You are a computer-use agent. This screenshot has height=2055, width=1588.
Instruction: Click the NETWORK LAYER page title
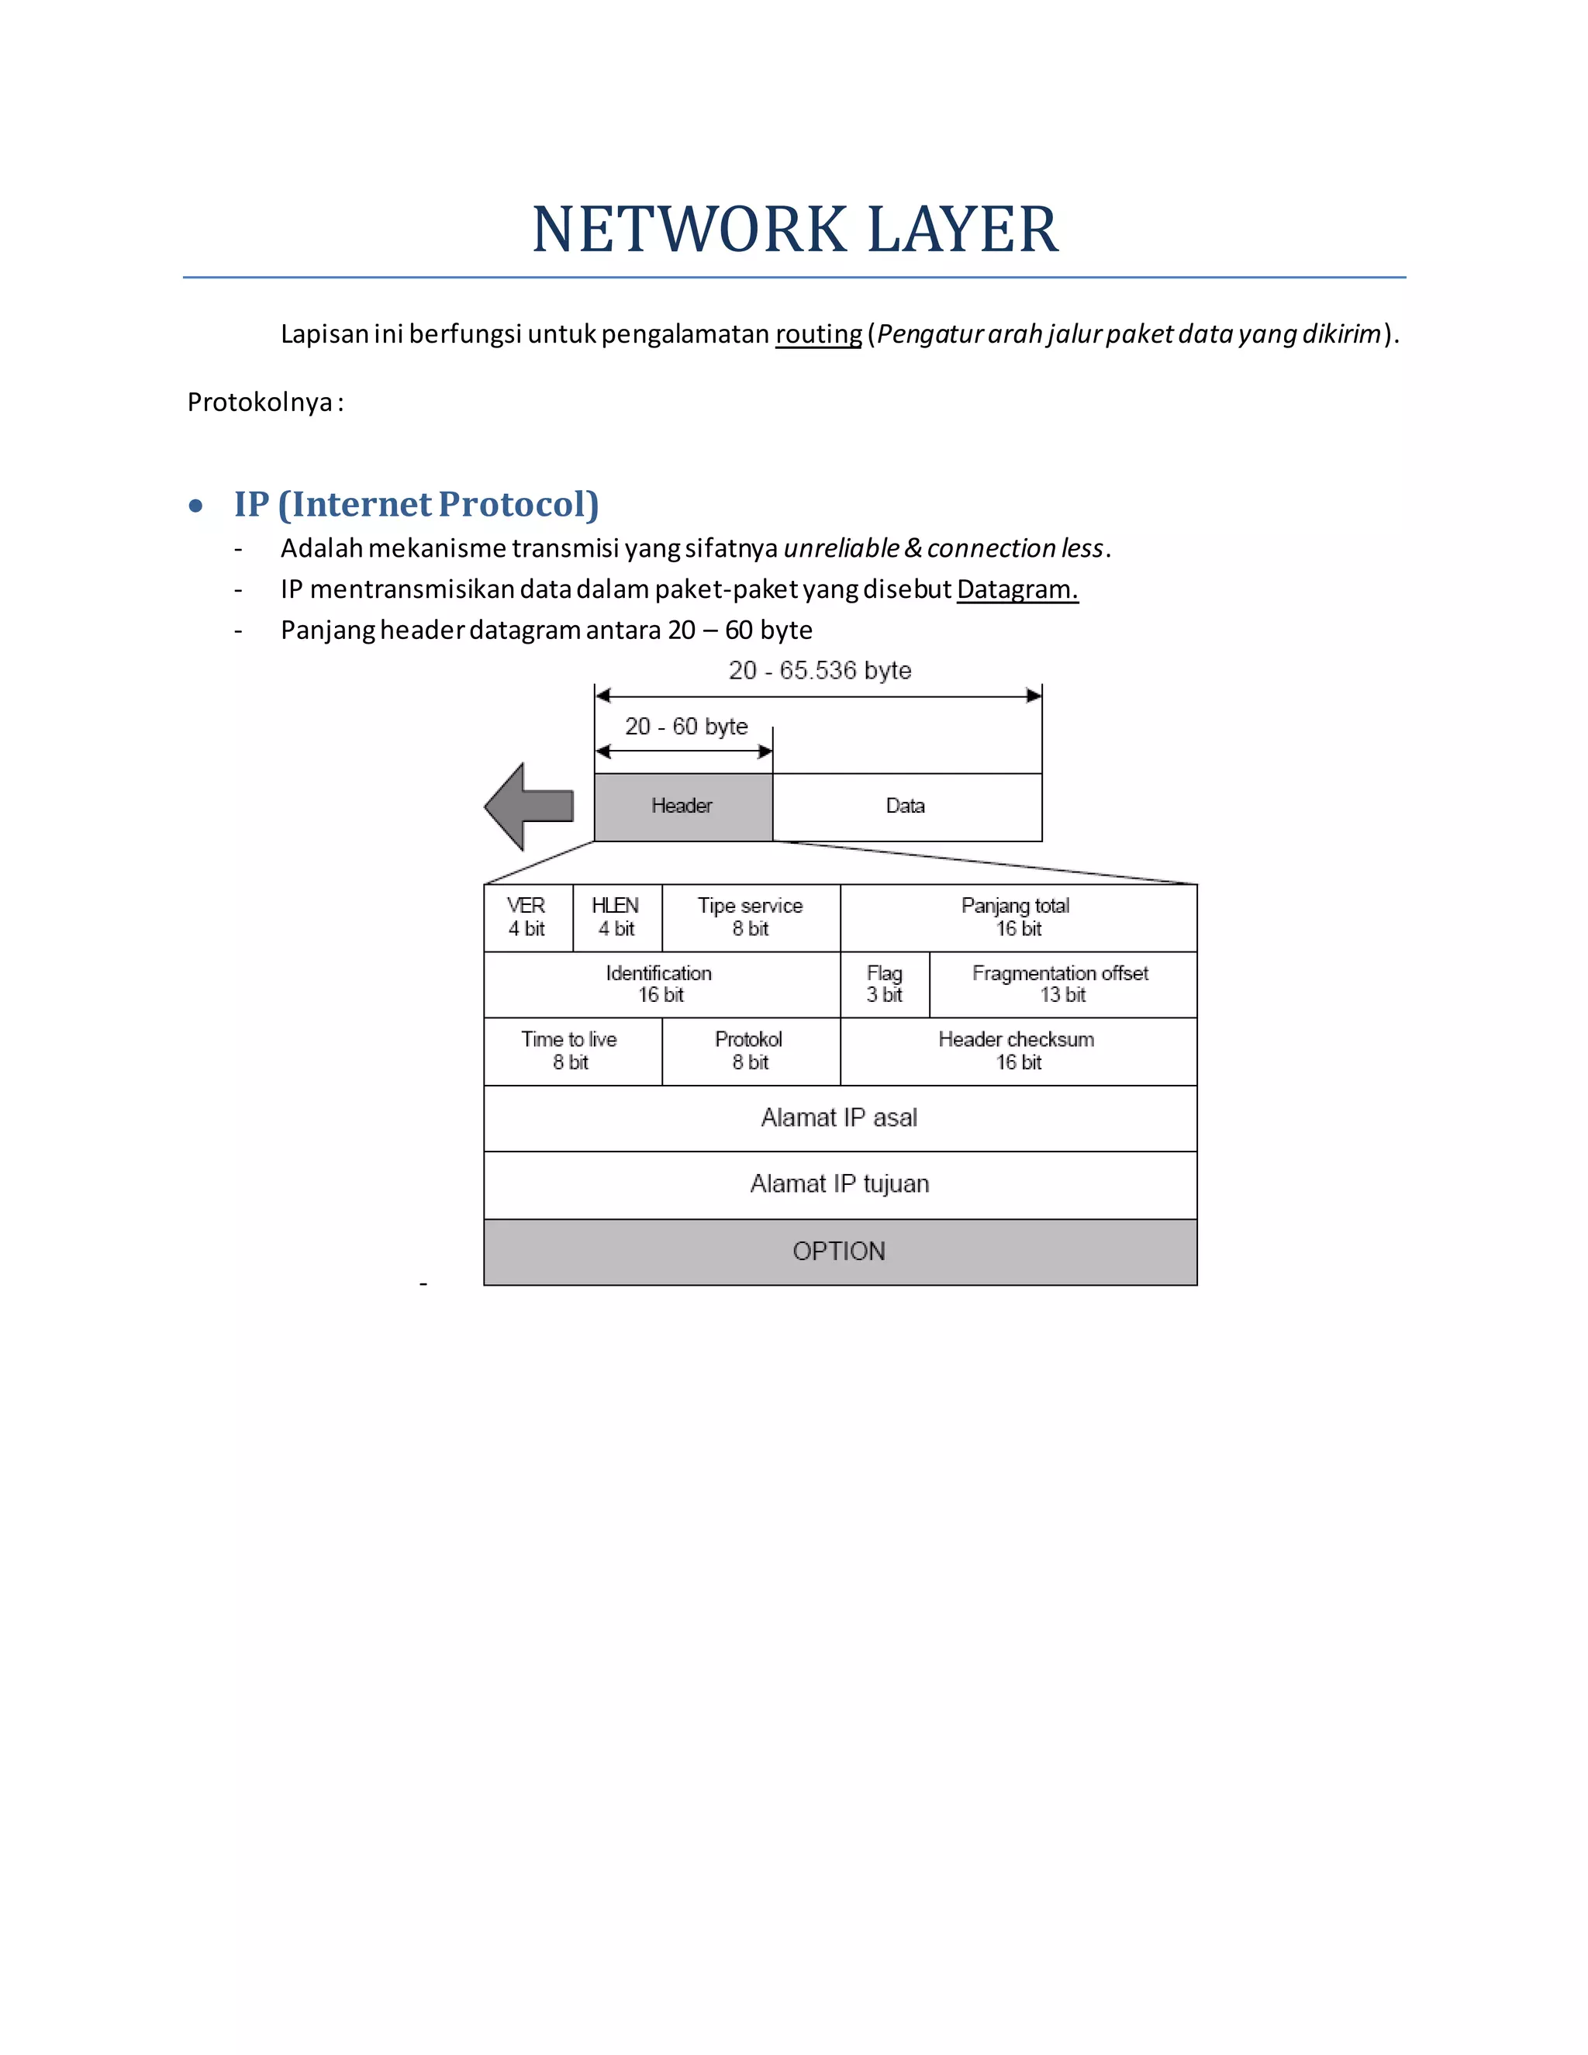click(x=795, y=230)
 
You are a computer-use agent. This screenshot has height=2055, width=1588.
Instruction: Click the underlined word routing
click(x=817, y=334)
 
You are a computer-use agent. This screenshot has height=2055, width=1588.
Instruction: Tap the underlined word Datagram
click(x=1017, y=589)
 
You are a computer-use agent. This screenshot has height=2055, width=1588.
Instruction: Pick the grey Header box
click(x=683, y=806)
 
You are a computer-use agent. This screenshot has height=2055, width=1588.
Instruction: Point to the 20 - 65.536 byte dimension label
click(x=820, y=670)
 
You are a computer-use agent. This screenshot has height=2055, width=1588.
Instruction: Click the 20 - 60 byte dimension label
click(x=685, y=727)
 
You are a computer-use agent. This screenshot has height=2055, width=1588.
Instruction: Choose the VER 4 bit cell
click(x=528, y=917)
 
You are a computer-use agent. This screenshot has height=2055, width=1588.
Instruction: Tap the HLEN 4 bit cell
click(x=616, y=917)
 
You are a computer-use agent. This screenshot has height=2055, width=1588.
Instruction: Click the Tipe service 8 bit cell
click(x=751, y=917)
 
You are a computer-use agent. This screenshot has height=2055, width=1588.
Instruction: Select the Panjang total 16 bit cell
click(x=1018, y=917)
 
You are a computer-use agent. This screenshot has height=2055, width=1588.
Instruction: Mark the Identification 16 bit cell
click(x=661, y=984)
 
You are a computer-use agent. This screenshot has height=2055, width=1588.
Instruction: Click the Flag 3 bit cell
click(x=884, y=984)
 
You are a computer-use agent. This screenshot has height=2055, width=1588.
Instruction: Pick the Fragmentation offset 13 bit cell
click(x=1062, y=984)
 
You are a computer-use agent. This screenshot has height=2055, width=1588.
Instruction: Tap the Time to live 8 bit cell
click(x=571, y=1051)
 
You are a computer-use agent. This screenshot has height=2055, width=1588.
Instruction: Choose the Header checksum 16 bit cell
click(x=1018, y=1051)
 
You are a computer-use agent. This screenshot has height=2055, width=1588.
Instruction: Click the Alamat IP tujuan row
click(x=840, y=1185)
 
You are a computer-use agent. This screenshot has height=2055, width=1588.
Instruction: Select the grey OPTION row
click(x=840, y=1252)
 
